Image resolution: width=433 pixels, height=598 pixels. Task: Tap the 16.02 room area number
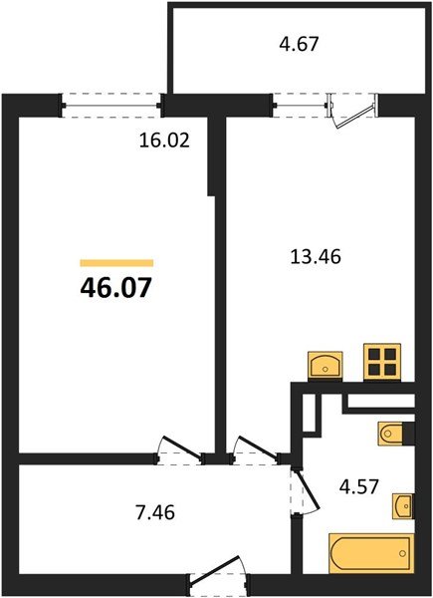(x=163, y=140)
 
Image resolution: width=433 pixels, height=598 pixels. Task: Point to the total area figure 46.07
(x=116, y=289)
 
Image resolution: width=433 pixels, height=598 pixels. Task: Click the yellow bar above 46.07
(x=116, y=262)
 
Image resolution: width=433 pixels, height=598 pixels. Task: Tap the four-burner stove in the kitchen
(x=381, y=361)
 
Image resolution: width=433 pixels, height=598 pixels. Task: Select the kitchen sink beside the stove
(x=325, y=365)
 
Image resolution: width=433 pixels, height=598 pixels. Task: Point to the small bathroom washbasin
(x=402, y=506)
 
